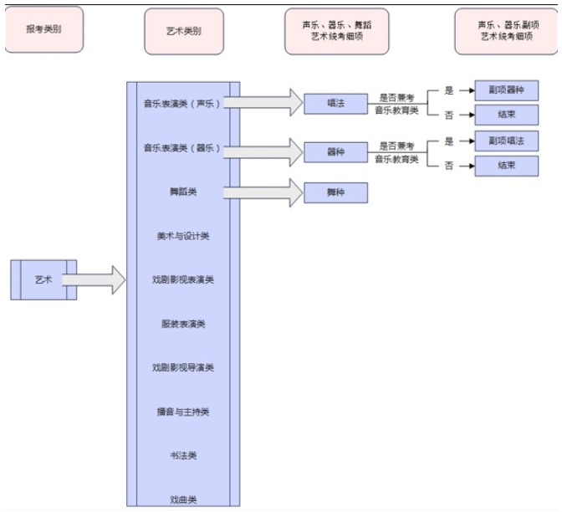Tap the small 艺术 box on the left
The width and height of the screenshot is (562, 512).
(43, 279)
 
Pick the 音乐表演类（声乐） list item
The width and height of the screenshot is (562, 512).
(181, 104)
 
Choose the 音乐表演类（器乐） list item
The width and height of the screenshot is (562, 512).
(181, 148)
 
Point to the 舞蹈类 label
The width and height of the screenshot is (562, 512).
(182, 192)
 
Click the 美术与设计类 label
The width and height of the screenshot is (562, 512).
(182, 236)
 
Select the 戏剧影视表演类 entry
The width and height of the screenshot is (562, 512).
(182, 279)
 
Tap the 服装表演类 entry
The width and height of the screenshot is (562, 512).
(182, 324)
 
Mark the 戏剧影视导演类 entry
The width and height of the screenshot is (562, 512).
(182, 367)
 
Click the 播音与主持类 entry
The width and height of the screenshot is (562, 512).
(182, 412)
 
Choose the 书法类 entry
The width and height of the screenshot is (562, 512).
(182, 455)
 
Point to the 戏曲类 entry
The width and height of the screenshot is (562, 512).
(182, 499)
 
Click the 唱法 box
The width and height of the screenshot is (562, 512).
(335, 104)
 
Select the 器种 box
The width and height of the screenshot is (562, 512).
(335, 153)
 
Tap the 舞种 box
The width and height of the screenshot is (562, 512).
(335, 192)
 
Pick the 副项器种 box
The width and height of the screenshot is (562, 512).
(505, 90)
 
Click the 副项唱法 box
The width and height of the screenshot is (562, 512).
(505, 140)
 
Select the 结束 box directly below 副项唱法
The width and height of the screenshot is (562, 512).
(505, 166)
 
